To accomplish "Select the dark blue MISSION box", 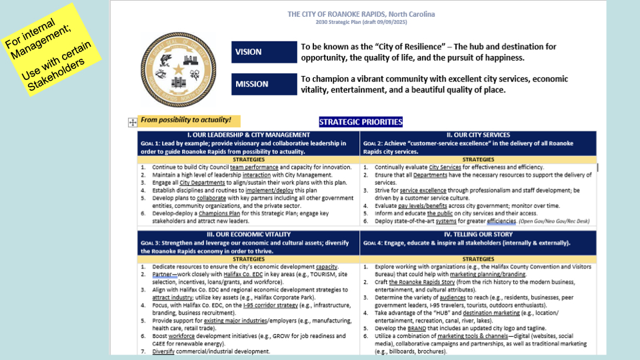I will [x=264, y=85].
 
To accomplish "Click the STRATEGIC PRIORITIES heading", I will [x=361, y=122].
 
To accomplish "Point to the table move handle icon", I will [x=132, y=122].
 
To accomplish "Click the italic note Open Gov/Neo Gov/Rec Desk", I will [x=555, y=221].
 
